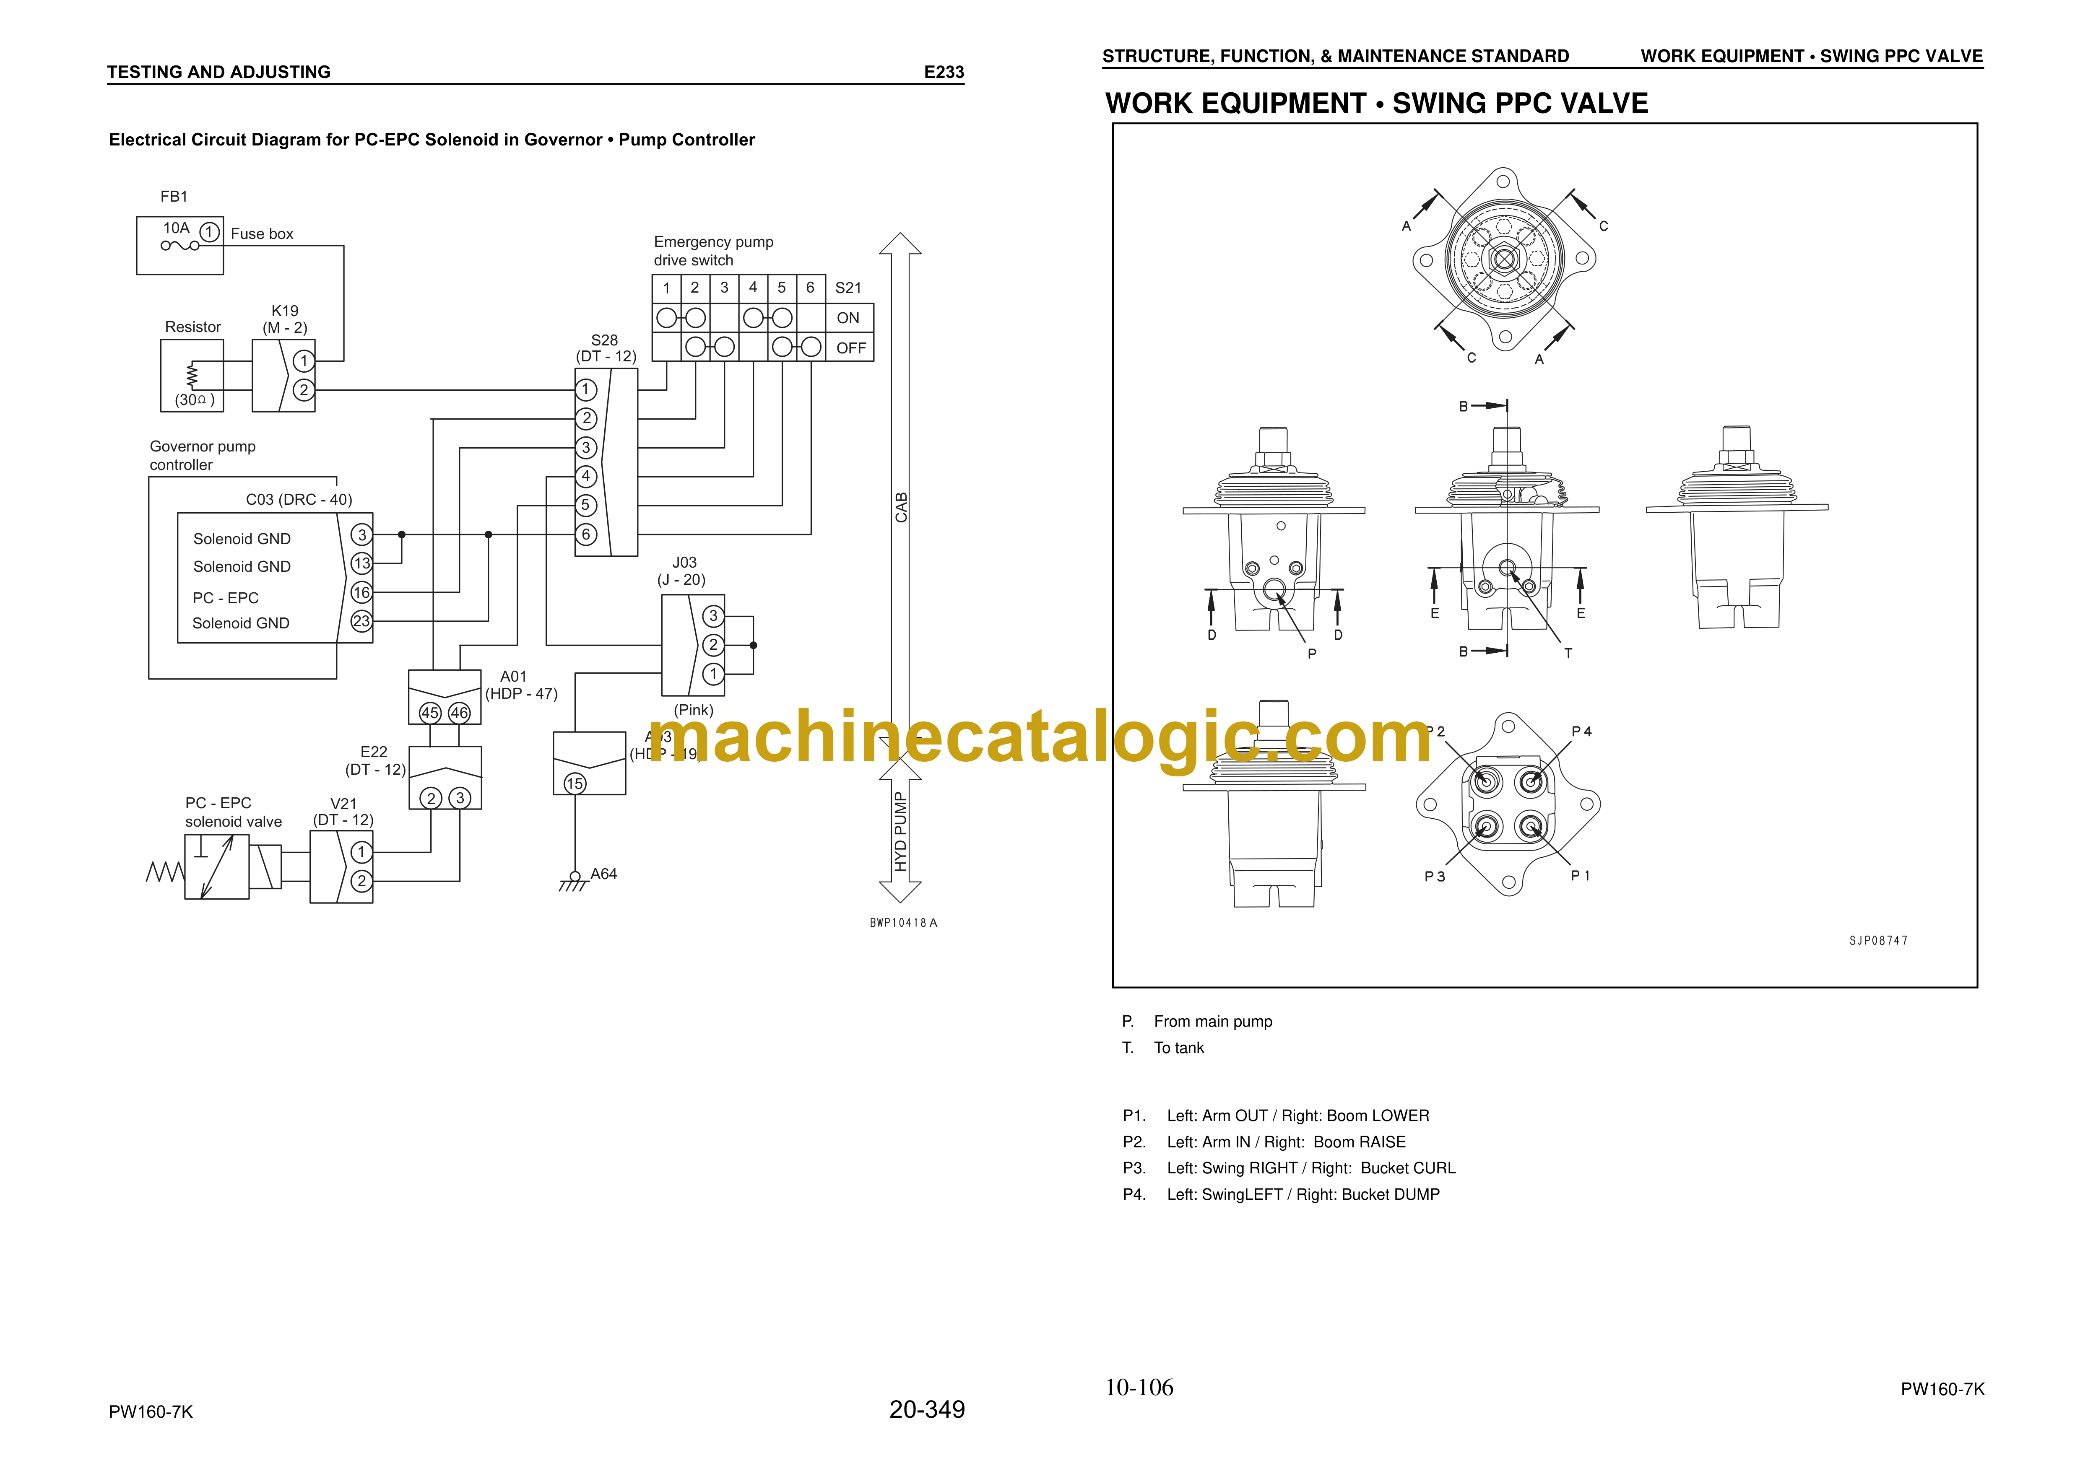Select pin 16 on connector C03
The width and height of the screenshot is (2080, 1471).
point(361,592)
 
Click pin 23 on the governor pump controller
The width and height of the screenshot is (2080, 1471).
point(361,621)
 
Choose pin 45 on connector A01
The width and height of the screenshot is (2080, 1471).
point(430,713)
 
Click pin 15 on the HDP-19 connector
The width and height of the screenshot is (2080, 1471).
point(575,783)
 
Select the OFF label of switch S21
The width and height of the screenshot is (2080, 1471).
point(851,348)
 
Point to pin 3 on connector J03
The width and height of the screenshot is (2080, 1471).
point(713,616)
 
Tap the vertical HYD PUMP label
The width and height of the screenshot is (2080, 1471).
point(900,832)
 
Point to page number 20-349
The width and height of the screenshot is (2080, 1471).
point(927,1409)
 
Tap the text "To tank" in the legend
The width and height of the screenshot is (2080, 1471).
point(1179,1048)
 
